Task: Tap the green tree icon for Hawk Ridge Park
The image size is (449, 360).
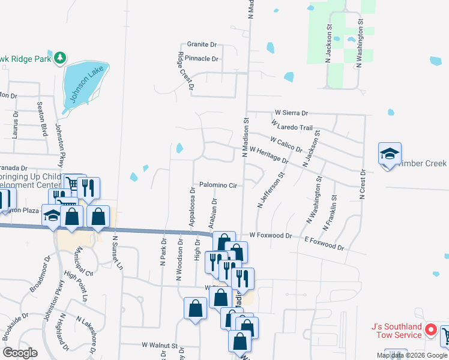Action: [x=59, y=58]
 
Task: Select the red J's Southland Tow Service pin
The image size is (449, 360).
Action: [x=430, y=329]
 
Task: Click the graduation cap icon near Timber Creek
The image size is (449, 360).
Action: [x=389, y=154]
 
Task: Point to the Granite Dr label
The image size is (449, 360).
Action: [x=202, y=44]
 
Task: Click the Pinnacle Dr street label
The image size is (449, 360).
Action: [x=202, y=59]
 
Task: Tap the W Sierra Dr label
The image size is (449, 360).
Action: [x=291, y=113]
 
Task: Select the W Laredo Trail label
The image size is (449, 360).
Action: [x=292, y=127]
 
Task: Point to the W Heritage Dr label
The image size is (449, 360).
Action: [x=269, y=155]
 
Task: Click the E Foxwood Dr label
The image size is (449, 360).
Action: [x=324, y=243]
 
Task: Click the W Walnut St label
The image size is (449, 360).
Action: [x=160, y=346]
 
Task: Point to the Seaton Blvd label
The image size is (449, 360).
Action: [x=42, y=118]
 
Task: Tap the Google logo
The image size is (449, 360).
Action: [x=20, y=353]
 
